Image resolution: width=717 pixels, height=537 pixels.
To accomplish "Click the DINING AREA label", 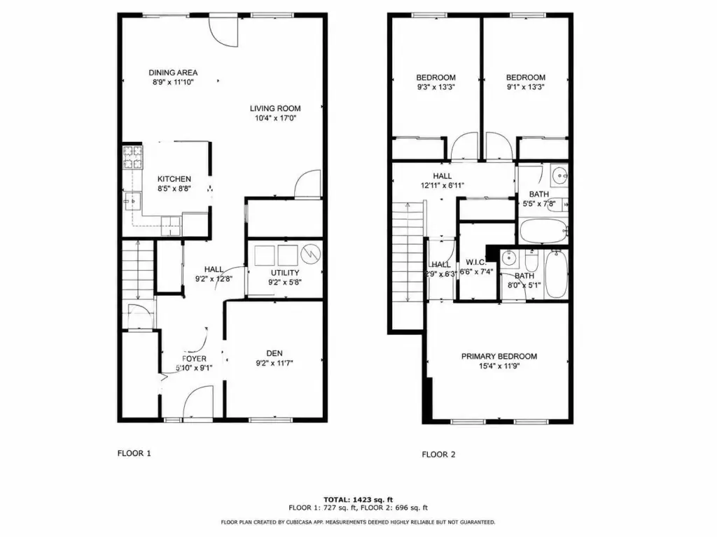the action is click(x=173, y=73).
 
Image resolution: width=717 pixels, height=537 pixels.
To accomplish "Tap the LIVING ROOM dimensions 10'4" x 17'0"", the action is click(x=275, y=118).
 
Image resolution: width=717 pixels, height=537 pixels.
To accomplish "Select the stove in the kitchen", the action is click(x=132, y=157).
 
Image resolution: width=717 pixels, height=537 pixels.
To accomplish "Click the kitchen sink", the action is click(x=133, y=201).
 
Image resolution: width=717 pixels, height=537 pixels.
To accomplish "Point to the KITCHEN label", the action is click(x=174, y=179).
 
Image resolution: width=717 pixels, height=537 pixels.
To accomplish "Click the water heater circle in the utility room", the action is click(x=310, y=255).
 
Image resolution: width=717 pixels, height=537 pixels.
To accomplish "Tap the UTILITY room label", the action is click(x=285, y=273).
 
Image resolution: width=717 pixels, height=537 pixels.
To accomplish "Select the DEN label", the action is click(x=274, y=353).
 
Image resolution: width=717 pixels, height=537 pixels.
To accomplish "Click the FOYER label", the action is click(x=195, y=359).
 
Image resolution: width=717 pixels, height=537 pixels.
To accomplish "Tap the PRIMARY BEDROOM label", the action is click(x=499, y=356).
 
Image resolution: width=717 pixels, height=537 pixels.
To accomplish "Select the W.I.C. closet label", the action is click(x=476, y=263).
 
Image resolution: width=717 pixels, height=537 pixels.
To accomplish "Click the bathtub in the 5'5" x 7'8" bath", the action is click(x=543, y=231).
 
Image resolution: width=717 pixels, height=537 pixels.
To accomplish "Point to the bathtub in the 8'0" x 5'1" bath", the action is click(x=557, y=274).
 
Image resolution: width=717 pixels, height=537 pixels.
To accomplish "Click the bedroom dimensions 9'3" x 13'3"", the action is click(x=436, y=87).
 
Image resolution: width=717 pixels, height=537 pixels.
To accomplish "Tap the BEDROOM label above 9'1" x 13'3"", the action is click(x=525, y=78).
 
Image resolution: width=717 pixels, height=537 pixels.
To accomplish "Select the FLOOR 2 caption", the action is click(x=438, y=454).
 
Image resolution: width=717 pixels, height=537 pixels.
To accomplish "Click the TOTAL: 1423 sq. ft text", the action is click(x=358, y=499).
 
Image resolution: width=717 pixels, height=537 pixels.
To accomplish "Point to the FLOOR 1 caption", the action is click(x=134, y=453).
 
